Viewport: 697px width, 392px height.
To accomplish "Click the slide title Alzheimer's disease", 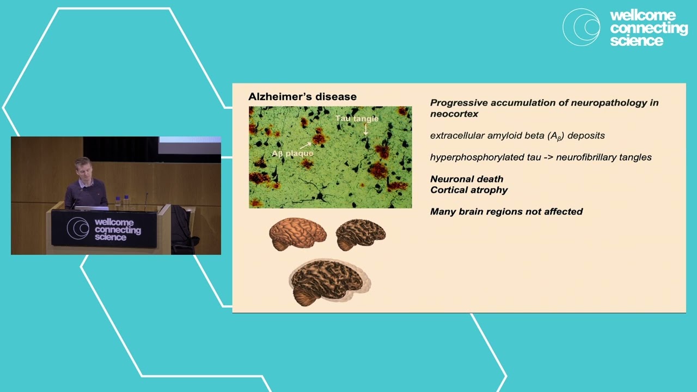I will (x=302, y=97).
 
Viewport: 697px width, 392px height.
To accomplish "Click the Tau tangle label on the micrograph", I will (x=357, y=119).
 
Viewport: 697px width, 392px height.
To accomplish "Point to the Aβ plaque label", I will (x=292, y=154).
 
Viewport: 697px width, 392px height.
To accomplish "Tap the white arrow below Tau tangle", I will (x=366, y=129).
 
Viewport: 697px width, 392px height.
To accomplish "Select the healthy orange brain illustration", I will (x=297, y=234).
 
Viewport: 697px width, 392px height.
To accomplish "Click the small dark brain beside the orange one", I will (x=360, y=234).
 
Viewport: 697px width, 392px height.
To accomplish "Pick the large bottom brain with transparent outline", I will (x=328, y=282).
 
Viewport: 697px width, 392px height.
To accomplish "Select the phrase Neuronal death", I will (x=467, y=179).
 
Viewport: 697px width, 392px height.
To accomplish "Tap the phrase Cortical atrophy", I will (x=469, y=190).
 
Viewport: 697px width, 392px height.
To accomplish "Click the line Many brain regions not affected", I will (x=506, y=212).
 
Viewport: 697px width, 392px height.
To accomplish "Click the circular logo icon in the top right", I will (x=581, y=27).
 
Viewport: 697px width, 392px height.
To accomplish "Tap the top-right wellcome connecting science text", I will (x=648, y=28).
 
